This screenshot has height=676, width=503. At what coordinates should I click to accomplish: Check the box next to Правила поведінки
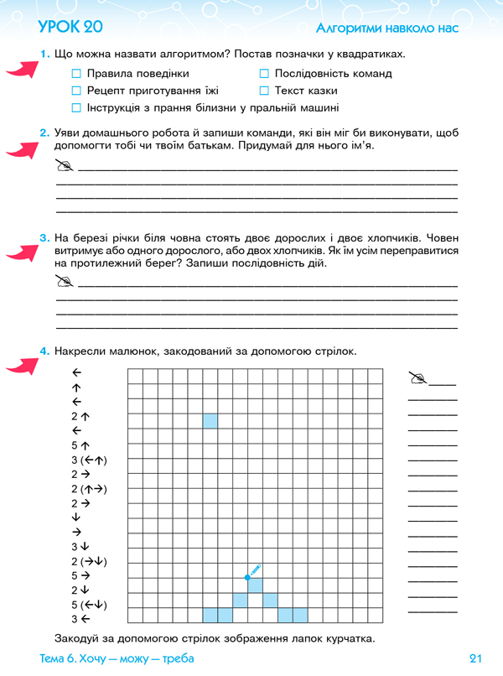[x=77, y=74]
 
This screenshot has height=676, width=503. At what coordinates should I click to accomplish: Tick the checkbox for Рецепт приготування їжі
[x=77, y=91]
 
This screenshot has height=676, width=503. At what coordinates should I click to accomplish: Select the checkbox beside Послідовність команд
[x=264, y=74]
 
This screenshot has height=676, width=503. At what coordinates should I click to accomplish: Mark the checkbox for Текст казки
[x=264, y=91]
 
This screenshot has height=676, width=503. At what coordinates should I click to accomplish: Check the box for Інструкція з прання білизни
[x=77, y=108]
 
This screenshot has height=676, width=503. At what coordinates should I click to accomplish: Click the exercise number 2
[x=44, y=133]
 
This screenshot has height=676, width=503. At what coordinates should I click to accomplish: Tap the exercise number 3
[x=44, y=239]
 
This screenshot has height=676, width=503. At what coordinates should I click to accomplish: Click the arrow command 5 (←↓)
[x=91, y=606]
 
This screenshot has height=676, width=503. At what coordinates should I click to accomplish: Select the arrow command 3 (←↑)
[x=91, y=460]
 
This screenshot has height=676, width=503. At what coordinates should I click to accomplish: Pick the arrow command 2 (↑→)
[x=91, y=489]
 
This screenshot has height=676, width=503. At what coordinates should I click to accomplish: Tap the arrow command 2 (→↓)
[x=91, y=561]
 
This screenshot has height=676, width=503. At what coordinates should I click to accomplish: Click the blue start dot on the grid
[x=247, y=577]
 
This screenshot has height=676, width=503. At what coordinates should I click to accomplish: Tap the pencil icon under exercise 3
[x=65, y=280]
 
